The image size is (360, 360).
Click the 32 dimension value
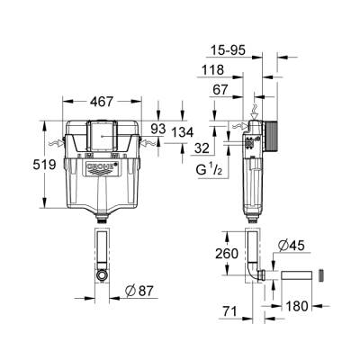point(204,148)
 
